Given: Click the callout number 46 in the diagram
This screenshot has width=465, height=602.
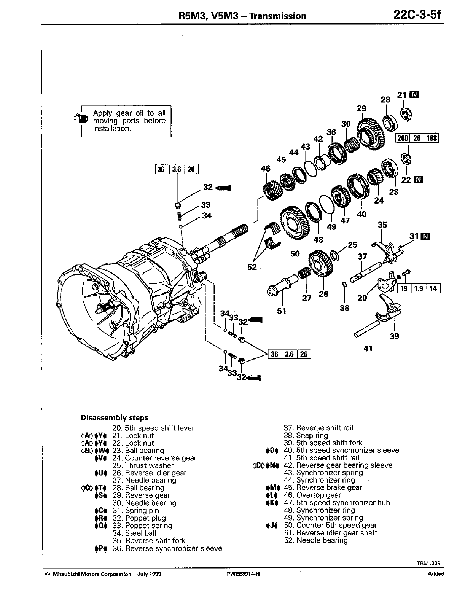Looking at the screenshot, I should tap(266, 169).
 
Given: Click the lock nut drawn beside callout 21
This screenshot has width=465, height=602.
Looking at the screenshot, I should tap(406, 113).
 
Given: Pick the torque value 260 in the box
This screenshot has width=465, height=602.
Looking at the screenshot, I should tap(403, 138).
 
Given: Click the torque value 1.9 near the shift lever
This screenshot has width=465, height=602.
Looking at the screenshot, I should tap(419, 288).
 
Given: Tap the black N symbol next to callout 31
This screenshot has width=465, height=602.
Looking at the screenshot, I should tap(426, 236).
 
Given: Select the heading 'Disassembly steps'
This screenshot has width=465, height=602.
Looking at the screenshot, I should tap(115, 418).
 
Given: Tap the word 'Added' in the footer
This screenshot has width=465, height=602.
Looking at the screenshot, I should tap(436, 574).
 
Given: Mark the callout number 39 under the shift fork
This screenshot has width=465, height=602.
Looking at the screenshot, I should tap(394, 336).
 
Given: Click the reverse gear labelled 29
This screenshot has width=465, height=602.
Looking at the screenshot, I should tap(371, 131).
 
